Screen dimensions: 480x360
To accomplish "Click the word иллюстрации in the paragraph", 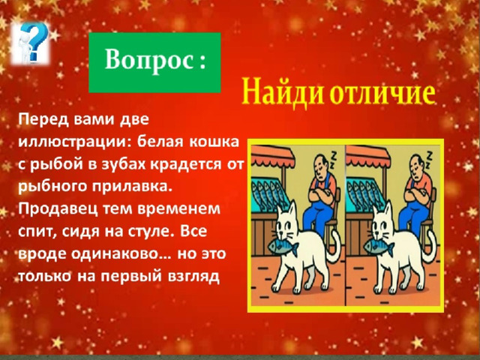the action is pyautogui.click(x=73, y=142).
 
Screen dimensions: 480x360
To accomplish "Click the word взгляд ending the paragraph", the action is pyautogui.click(x=193, y=277).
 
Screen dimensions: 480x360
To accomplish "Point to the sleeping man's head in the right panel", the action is pyautogui.click(x=417, y=167).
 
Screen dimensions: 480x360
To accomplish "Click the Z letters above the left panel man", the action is pyautogui.click(x=333, y=160).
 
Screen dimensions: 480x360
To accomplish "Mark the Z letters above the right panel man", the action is pyautogui.click(x=428, y=160).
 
